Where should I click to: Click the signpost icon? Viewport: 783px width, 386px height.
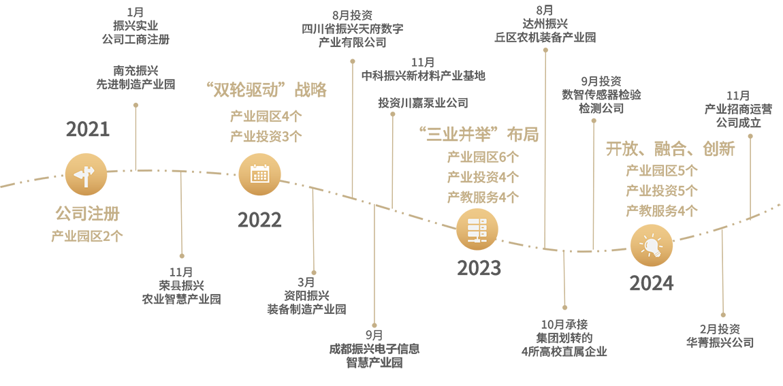point(85,177)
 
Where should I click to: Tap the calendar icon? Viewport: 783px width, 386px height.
point(259,174)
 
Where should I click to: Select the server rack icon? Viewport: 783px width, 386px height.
point(477,229)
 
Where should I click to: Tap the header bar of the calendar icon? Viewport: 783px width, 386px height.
point(259,167)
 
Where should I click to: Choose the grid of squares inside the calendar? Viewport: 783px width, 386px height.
point(259,176)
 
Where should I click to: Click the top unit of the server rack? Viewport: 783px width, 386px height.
point(477,221)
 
